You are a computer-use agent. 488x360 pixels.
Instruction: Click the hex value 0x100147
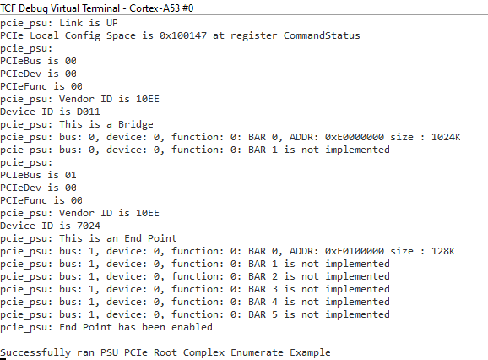pos(183,35)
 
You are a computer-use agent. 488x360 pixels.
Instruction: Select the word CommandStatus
pos(322,35)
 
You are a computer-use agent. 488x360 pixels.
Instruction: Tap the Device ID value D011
pos(89,112)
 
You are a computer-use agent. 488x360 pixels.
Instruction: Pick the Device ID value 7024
pos(89,226)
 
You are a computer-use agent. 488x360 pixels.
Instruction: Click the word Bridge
pos(136,124)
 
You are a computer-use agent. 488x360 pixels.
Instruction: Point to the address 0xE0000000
pos(355,137)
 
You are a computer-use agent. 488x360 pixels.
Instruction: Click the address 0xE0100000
pos(355,251)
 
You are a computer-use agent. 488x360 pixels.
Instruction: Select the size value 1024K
pos(446,137)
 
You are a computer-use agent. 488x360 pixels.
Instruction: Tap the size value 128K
pos(443,251)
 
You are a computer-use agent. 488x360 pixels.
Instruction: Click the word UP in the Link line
pos(112,23)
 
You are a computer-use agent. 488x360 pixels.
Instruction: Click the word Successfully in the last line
pos(35,352)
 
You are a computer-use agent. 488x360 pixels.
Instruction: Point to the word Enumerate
pos(257,352)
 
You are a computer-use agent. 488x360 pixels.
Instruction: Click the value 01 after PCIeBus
pos(71,175)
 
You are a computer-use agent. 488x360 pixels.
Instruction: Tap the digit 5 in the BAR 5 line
pos(274,314)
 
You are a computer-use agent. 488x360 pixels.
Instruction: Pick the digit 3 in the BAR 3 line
pos(274,289)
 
